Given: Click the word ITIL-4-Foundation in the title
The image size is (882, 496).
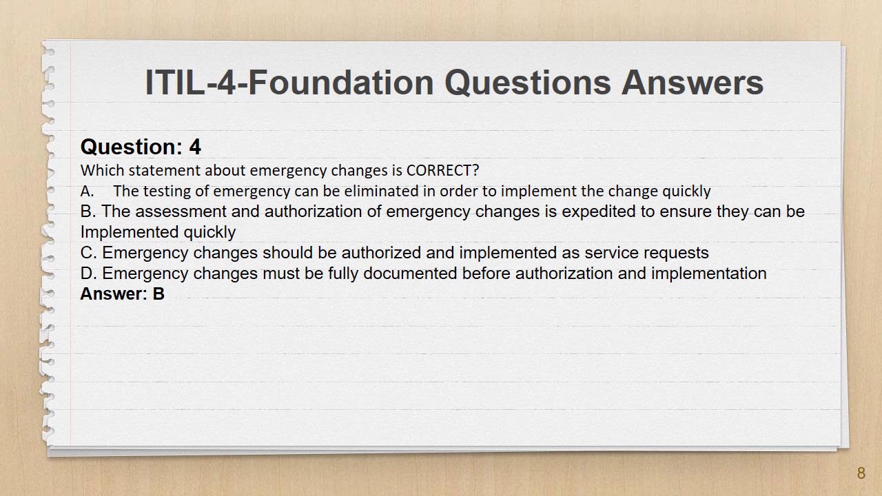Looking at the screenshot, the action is click(x=289, y=83).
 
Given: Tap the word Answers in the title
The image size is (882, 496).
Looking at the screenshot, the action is click(x=693, y=83).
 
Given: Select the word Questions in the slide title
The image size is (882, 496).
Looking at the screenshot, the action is click(x=528, y=83).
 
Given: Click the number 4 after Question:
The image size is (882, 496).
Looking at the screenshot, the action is click(x=195, y=147).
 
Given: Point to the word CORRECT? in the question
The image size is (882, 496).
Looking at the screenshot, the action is click(x=442, y=170).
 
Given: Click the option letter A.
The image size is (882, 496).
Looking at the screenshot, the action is click(x=87, y=192).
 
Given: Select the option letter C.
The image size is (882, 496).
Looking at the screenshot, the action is click(x=88, y=253).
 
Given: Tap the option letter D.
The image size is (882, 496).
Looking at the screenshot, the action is click(x=88, y=273).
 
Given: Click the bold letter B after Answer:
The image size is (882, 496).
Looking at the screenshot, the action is click(x=158, y=294).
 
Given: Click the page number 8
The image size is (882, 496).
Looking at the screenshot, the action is click(x=861, y=473).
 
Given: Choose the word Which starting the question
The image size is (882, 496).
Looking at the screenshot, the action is click(x=103, y=170).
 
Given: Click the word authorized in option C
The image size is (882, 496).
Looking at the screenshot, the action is click(x=381, y=253).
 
